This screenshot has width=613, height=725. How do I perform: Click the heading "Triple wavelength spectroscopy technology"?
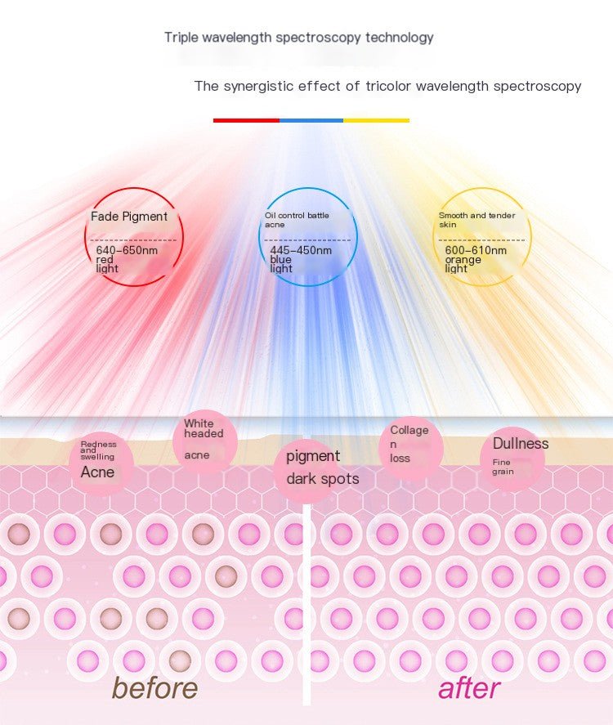(x=298, y=38)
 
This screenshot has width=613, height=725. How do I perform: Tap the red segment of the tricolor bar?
(x=246, y=120)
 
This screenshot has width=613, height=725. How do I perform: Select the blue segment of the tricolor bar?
(x=311, y=120)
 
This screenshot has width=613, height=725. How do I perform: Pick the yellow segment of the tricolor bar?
(x=376, y=120)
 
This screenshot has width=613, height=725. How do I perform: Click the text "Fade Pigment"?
(x=129, y=217)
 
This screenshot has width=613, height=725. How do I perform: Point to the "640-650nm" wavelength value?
(x=127, y=250)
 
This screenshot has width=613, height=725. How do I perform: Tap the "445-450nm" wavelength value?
(x=301, y=250)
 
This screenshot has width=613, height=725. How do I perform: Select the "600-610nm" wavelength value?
(x=476, y=250)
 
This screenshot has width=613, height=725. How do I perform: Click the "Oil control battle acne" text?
(x=296, y=219)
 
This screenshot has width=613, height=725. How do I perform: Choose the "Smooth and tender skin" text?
(x=477, y=219)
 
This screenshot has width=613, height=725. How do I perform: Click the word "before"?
(x=154, y=687)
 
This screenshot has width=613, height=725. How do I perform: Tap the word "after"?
(x=469, y=687)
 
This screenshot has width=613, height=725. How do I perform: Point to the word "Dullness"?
(x=521, y=444)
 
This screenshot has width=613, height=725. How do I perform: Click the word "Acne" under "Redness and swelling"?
(x=97, y=472)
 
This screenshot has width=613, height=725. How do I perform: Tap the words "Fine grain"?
(x=503, y=467)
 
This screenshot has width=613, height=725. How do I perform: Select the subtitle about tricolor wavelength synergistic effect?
(x=387, y=86)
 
